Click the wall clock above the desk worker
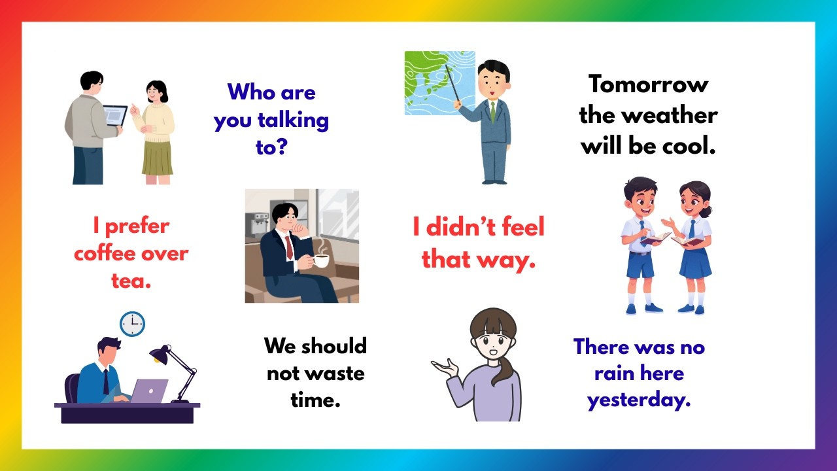pyautogui.click(x=132, y=324)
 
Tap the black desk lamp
pyautogui.click(x=161, y=355)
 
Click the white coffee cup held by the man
pyautogui.click(x=320, y=260)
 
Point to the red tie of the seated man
pyautogui.click(x=289, y=247)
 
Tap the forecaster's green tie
pyautogui.click(x=493, y=111)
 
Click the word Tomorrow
pyautogui.click(x=648, y=84)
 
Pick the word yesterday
pyautogui.click(x=638, y=400)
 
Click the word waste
pyautogui.click(x=333, y=373)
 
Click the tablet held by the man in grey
pyautogui.click(x=116, y=116)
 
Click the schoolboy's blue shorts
pyautogui.click(x=640, y=264)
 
